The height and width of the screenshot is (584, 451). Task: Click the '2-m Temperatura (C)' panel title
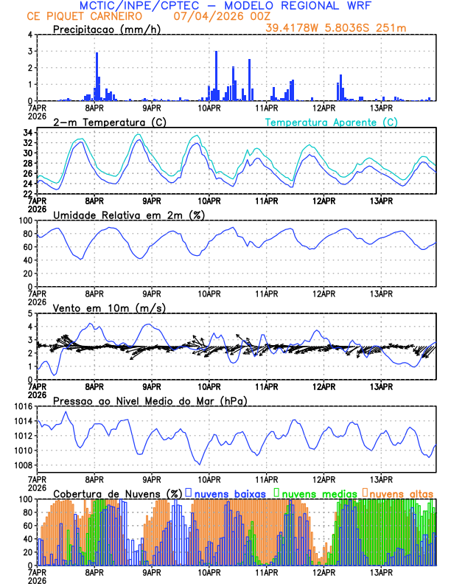(x=100, y=122)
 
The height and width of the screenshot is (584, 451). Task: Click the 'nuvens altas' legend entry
(x=401, y=493)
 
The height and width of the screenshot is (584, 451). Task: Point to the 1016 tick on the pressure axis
(x=24, y=406)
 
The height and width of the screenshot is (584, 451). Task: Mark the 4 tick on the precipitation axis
(x=30, y=35)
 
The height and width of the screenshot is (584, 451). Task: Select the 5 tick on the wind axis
(x=30, y=313)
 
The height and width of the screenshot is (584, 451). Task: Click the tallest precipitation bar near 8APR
(x=97, y=76)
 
